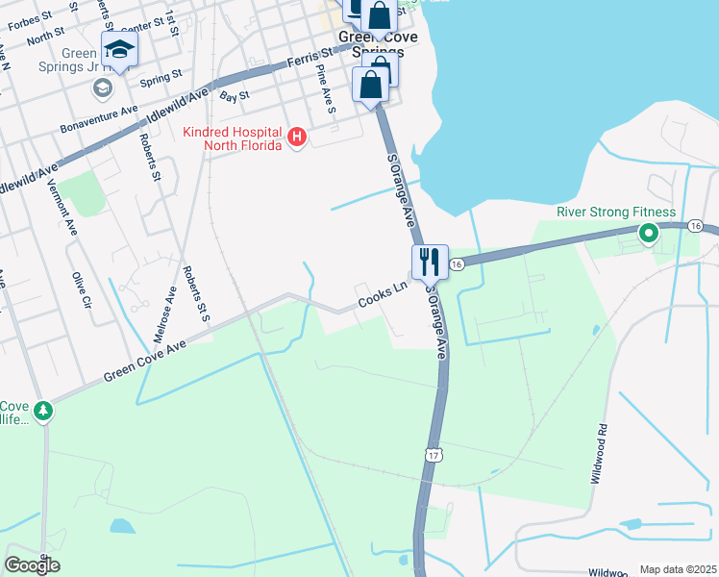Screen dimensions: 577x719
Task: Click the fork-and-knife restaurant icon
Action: click(x=428, y=260)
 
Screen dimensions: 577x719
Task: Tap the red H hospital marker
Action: click(x=297, y=138)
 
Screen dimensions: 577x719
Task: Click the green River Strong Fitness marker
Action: click(x=649, y=232)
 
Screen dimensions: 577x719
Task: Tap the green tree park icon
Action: click(x=43, y=412)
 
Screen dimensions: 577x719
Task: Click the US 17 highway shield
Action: click(x=434, y=452)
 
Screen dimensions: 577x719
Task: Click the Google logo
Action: click(x=32, y=565)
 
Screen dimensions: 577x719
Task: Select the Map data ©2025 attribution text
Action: click(x=677, y=569)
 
